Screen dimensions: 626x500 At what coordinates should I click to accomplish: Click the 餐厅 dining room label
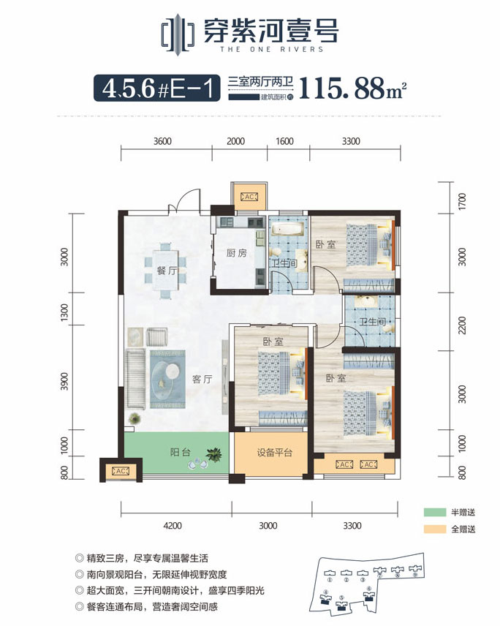[x=167, y=270]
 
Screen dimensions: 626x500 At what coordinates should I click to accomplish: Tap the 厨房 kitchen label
[x=236, y=254]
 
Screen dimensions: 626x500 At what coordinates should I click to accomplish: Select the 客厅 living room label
[x=202, y=379]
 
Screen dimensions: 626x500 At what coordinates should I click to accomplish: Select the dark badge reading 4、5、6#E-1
[x=156, y=89]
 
